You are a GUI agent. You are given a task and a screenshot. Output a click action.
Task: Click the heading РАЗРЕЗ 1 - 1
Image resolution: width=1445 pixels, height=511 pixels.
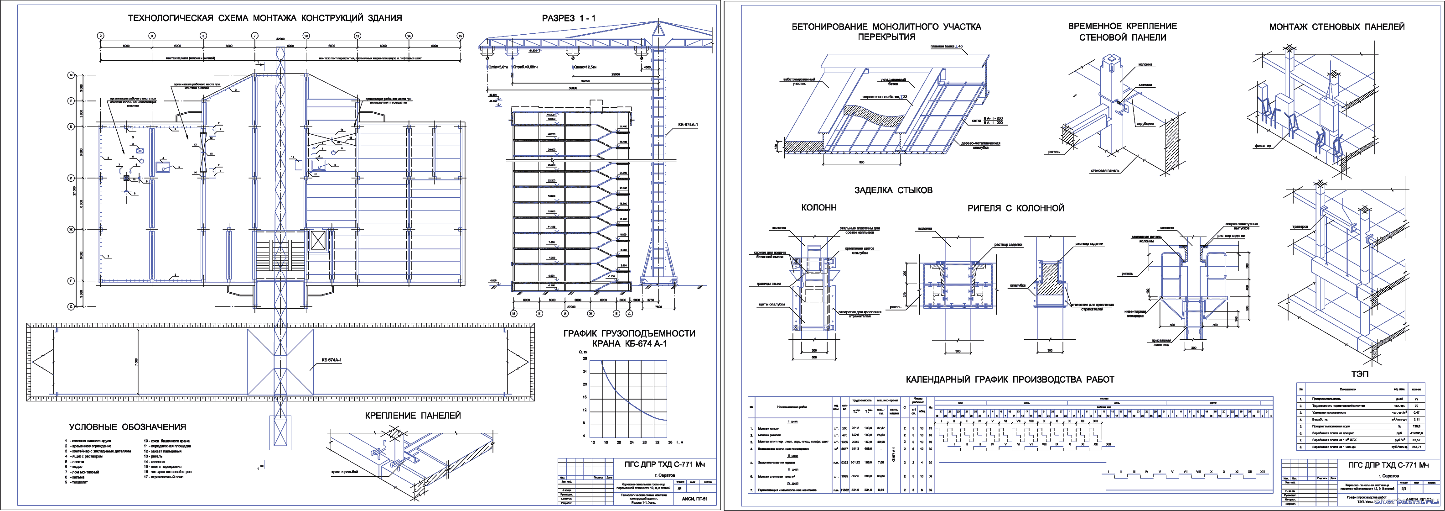tap(568, 18)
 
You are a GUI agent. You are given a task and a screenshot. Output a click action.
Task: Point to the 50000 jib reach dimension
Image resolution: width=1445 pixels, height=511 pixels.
tap(572, 88)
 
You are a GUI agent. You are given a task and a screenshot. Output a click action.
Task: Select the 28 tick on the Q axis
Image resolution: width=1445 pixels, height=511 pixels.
tap(585, 358)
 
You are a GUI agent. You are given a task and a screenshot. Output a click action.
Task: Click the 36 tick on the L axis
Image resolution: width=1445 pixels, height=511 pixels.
tap(670, 443)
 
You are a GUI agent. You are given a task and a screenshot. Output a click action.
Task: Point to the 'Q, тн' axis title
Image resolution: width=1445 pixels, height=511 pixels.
tap(583, 352)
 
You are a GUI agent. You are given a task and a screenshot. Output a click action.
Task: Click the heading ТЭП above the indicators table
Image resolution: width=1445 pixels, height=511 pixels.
tap(1360, 374)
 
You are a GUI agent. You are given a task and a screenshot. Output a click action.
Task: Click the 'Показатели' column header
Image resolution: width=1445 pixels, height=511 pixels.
tap(1347, 389)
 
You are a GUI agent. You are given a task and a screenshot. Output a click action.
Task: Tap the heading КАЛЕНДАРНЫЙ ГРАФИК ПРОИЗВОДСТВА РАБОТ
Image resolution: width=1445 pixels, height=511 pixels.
tap(1010, 379)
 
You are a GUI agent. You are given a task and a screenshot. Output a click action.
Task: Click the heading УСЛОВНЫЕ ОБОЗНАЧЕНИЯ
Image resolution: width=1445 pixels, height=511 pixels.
tap(127, 427)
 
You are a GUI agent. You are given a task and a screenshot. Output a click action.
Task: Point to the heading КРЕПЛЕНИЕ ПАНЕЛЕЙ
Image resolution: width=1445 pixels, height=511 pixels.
tap(413, 416)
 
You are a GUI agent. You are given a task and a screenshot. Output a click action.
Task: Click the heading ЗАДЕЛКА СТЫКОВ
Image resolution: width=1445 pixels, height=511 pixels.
tap(894, 190)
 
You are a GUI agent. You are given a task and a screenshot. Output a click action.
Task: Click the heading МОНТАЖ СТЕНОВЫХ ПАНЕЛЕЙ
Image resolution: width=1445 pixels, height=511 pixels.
tap(1337, 26)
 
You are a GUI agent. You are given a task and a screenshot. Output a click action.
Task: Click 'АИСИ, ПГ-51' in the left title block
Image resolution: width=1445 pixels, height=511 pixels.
tap(694, 499)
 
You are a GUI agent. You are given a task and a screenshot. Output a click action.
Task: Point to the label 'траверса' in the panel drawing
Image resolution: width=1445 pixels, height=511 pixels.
tap(1300, 227)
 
